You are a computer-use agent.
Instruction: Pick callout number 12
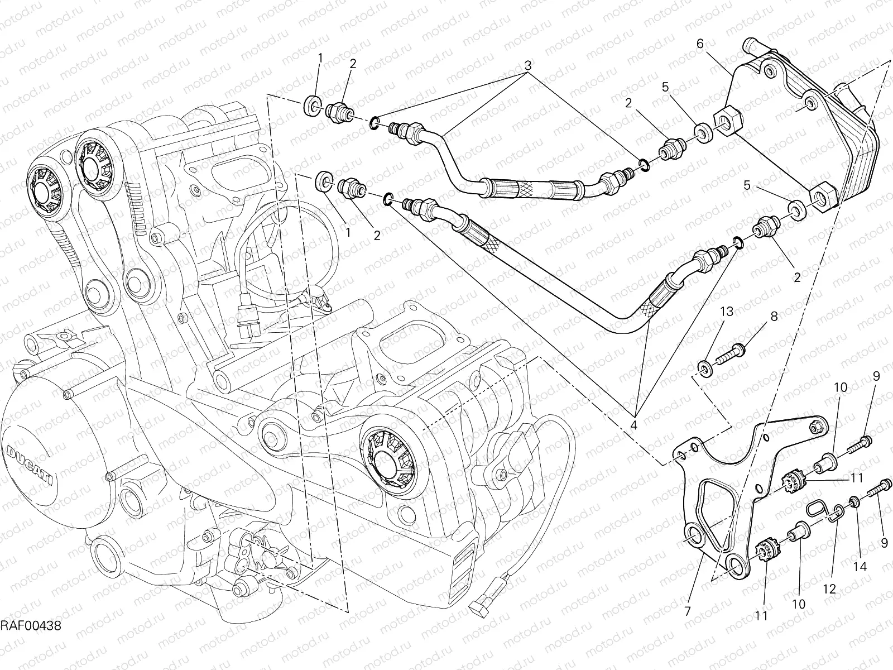(829, 588)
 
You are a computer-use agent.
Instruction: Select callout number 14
(860, 567)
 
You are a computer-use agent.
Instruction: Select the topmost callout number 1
(321, 58)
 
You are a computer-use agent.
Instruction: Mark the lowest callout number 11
(761, 615)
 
